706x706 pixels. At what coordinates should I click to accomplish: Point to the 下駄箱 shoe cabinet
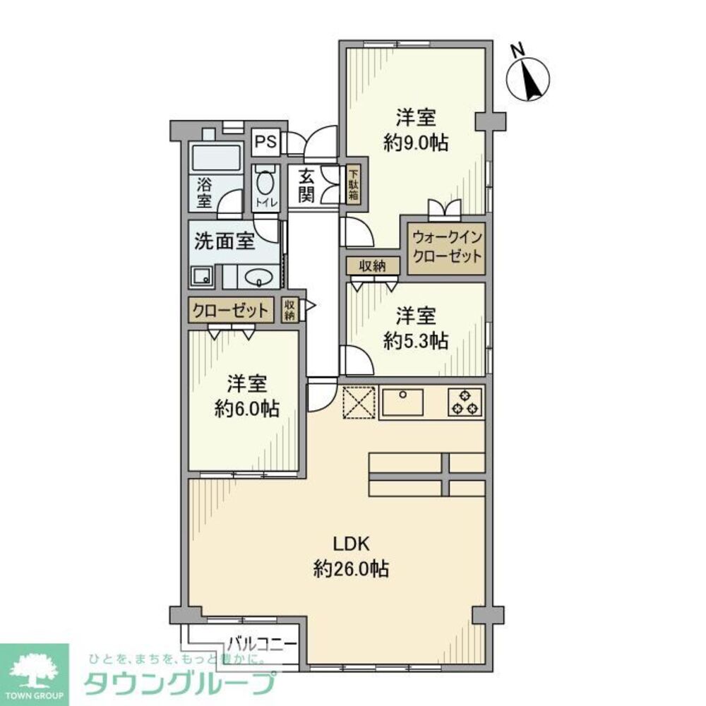point(352,186)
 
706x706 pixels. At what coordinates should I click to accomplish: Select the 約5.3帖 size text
point(415,341)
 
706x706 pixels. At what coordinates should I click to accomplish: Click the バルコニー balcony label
point(262,643)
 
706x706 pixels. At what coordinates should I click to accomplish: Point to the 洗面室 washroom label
point(224,241)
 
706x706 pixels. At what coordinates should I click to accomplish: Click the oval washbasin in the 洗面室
point(261,276)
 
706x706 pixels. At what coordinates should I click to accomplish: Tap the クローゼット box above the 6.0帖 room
point(230,311)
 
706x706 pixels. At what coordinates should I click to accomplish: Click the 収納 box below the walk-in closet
point(373,265)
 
